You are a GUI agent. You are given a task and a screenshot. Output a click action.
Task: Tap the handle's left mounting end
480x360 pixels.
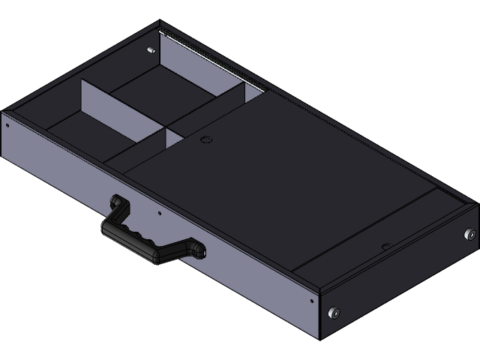point(117,201)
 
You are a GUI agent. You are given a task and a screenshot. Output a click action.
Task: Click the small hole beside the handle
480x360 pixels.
point(159,213)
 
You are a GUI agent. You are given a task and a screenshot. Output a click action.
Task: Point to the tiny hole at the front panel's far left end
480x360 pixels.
point(7,125)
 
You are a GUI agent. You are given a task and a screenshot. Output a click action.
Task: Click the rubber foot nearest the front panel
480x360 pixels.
point(335,310)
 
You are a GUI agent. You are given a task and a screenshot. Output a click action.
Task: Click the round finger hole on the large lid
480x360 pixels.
point(205,139)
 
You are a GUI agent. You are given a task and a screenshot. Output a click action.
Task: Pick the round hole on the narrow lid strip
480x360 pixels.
point(385,245)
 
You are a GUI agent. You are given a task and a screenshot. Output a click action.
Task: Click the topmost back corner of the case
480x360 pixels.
point(160,22)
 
